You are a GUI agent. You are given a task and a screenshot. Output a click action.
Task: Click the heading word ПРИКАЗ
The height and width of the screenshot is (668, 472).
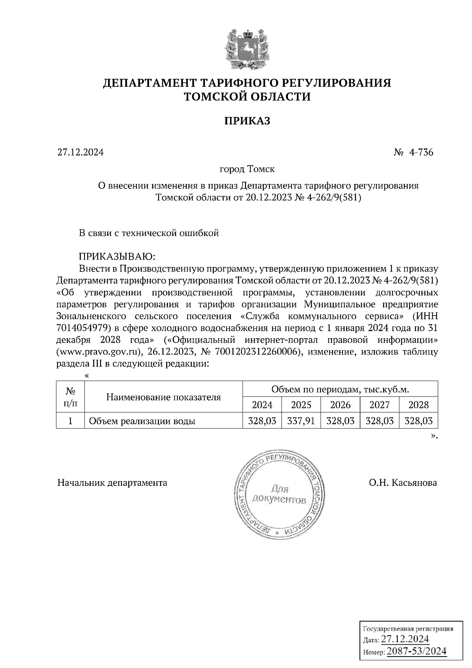coord(247,121)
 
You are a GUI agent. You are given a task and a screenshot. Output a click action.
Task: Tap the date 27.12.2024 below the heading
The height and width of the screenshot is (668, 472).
coord(81,152)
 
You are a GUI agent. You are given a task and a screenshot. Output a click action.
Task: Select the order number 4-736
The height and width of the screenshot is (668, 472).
coord(420,152)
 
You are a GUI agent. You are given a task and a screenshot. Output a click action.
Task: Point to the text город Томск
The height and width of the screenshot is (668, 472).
coord(247,169)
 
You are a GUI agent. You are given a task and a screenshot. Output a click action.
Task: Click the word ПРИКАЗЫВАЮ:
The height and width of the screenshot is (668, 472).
coord(118,257)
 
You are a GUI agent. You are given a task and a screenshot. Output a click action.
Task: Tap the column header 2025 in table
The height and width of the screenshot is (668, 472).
coord(301,404)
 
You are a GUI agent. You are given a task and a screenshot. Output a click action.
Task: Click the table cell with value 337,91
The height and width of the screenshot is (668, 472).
coord(301,421)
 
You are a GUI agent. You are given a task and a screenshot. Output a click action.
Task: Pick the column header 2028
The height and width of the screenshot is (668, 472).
coord(419,404)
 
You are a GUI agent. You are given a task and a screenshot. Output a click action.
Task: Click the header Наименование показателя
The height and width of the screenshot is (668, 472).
coord(164,397)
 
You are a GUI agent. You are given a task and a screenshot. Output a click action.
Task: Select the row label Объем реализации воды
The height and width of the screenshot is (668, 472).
coord(142,421)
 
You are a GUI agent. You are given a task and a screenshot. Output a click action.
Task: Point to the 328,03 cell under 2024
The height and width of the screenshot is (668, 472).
coord(262,421)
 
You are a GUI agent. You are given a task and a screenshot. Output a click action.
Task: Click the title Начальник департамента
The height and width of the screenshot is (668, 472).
coord(112,483)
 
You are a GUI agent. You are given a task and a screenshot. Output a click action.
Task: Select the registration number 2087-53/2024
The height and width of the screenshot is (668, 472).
coord(417,651)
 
